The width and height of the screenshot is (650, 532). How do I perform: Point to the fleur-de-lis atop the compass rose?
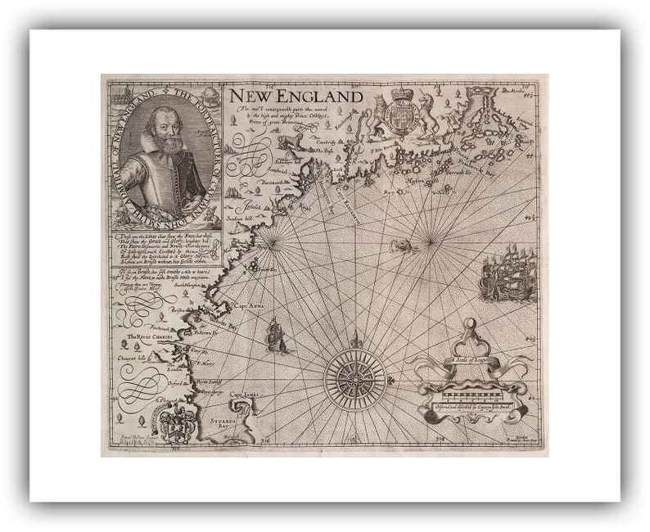(x=355, y=340)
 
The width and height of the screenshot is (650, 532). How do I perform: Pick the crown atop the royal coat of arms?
(x=400, y=94)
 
